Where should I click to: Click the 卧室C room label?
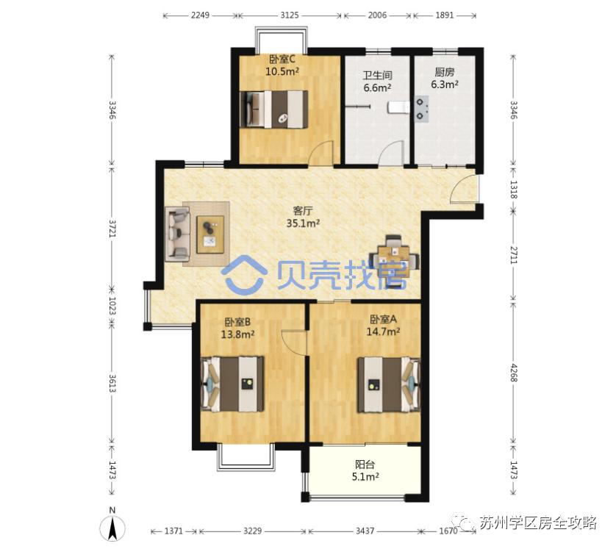282,60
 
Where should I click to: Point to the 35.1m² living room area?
302,223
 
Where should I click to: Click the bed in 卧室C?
276,109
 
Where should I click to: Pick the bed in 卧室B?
234,383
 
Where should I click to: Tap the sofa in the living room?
179,234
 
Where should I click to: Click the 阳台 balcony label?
362,464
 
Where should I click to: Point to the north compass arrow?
112,525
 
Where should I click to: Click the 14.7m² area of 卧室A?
383,331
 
